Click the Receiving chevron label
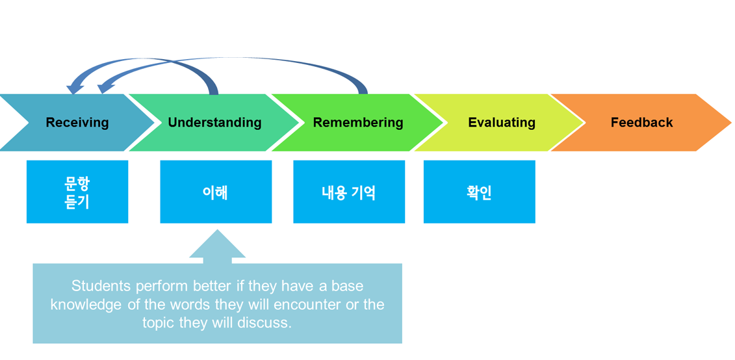77,123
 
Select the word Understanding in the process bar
214,123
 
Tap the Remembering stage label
358,123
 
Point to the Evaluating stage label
502,123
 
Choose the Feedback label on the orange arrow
641,123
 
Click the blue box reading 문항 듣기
77,192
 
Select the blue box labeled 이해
216,192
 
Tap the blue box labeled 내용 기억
349,192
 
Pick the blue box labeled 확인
479,192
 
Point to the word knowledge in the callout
85,305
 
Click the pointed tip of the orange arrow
731,123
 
